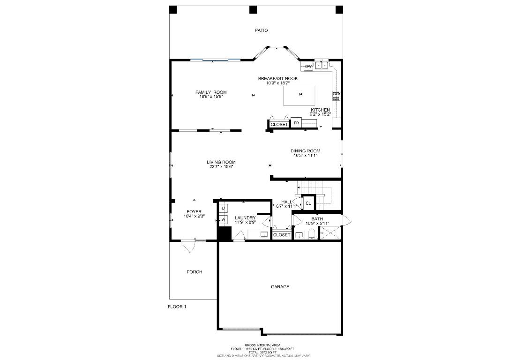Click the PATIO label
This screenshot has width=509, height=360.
click(x=261, y=30)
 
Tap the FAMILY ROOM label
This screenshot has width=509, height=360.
click(x=211, y=92)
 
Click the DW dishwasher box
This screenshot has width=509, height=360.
click(x=308, y=67)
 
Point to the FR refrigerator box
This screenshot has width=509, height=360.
click(x=296, y=124)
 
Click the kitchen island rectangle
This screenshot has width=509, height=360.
click(x=299, y=96)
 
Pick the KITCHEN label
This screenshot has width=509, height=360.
click(x=320, y=110)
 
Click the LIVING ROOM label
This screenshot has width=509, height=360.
click(x=221, y=162)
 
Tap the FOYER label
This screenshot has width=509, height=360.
click(x=194, y=212)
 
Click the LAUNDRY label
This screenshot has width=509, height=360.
click(x=245, y=217)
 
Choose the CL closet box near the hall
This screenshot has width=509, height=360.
click(x=308, y=203)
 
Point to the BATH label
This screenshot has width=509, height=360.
click(x=317, y=219)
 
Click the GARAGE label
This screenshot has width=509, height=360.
click(x=280, y=286)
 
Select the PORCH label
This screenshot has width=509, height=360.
click(x=194, y=272)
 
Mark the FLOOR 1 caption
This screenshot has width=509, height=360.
click(x=177, y=307)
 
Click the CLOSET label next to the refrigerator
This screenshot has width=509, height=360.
click(x=279, y=125)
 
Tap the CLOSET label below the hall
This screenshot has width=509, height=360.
click(x=281, y=235)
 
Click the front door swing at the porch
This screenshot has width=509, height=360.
click(x=188, y=246)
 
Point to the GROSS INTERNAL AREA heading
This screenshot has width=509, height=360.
click(x=262, y=345)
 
